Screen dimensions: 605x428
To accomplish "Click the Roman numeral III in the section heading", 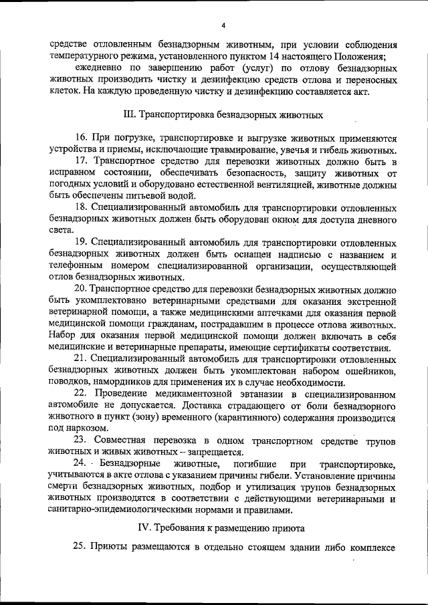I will click(x=130, y=114).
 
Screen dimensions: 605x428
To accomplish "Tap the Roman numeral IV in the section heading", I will click(x=143, y=528).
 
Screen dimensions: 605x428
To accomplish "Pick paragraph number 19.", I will click(x=81, y=242).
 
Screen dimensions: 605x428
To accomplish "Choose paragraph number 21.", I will click(x=81, y=360).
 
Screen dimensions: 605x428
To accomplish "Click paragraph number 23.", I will click(x=81, y=441).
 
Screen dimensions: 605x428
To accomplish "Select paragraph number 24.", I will click(x=81, y=464).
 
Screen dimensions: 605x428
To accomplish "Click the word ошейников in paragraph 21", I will click(x=369, y=371).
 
